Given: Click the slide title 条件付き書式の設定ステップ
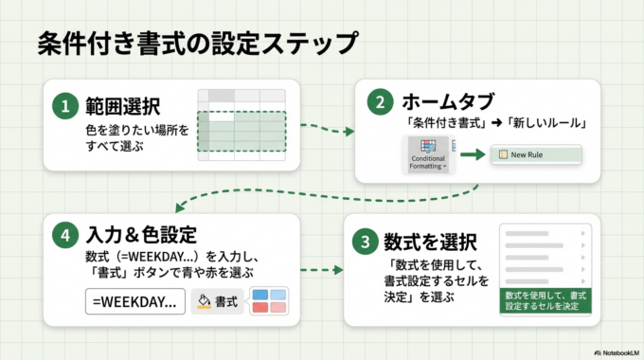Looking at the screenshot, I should point(196,44).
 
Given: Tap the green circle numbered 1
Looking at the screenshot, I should point(65,107).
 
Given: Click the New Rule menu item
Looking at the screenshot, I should point(534,154).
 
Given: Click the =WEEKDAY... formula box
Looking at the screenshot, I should point(134,302).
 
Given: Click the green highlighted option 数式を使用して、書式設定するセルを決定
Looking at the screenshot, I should point(545,302).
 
